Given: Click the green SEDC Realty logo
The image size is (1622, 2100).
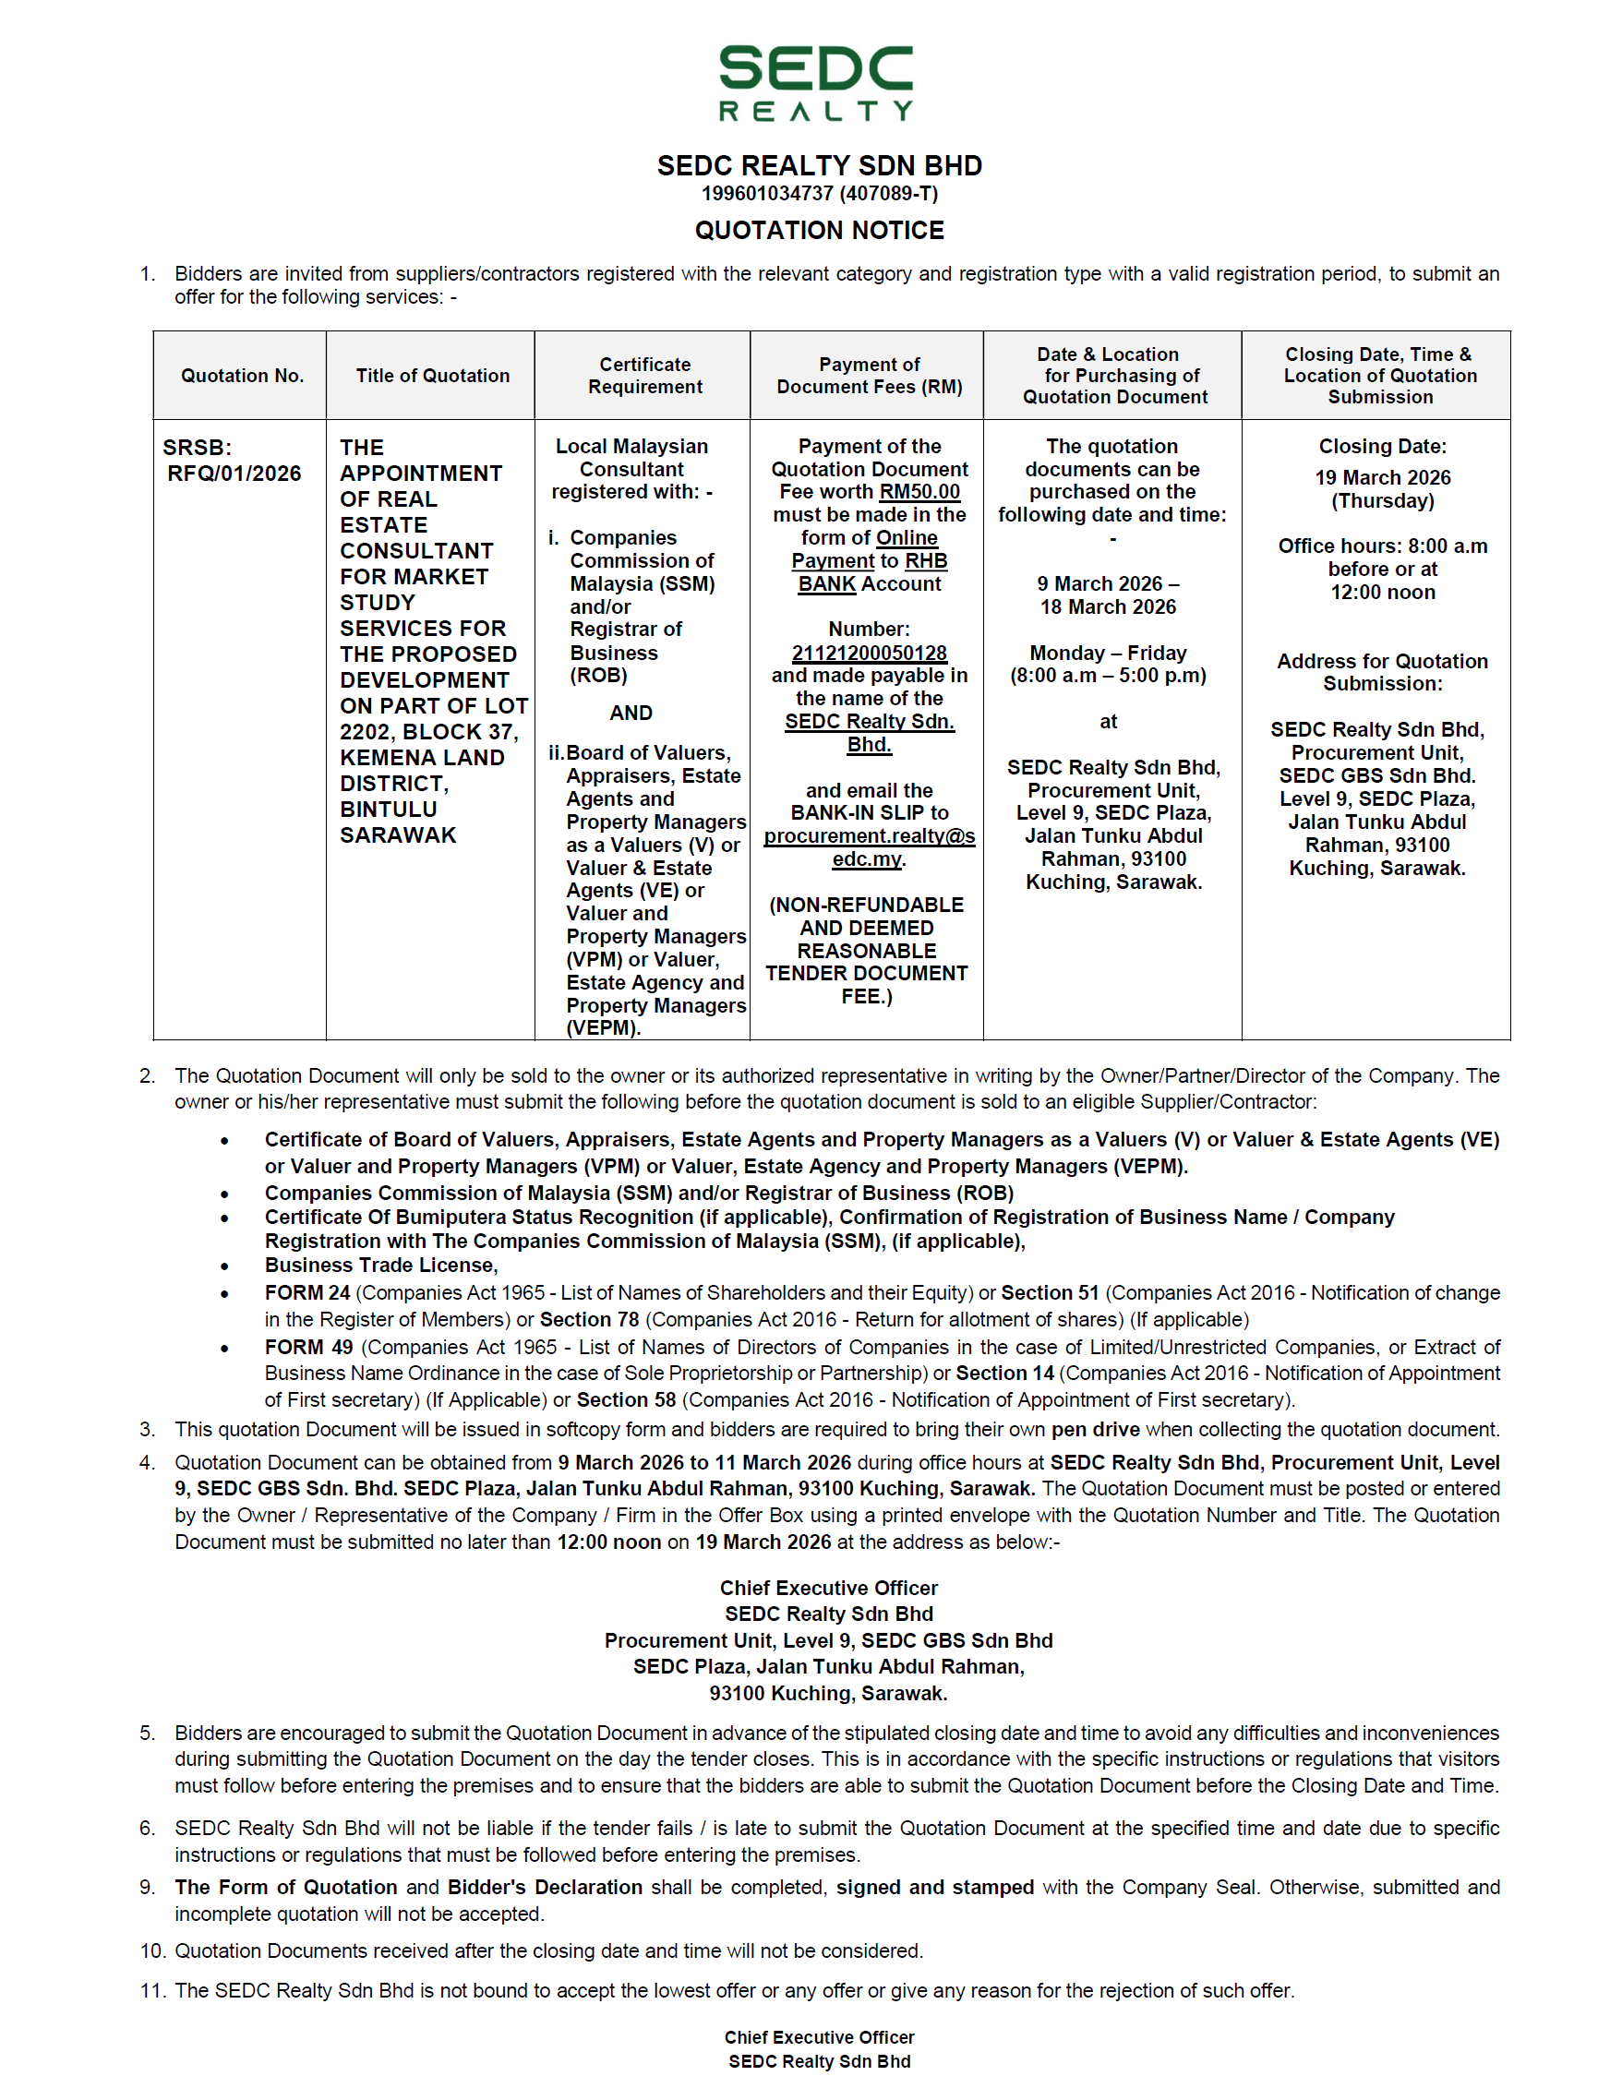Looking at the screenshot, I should (x=815, y=83).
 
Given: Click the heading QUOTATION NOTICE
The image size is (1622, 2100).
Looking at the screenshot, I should (x=819, y=231).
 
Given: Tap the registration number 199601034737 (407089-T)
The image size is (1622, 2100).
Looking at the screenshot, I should (x=819, y=193).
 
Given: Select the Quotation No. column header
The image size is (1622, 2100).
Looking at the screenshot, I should (x=242, y=376).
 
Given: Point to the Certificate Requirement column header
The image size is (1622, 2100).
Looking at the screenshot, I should (x=645, y=376).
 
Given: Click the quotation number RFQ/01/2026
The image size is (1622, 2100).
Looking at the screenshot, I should (x=234, y=474).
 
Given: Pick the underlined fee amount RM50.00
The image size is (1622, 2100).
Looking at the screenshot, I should (x=919, y=492).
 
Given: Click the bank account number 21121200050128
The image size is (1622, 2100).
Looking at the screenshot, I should (x=870, y=653).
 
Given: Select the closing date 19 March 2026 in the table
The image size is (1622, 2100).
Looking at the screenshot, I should (x=1383, y=478).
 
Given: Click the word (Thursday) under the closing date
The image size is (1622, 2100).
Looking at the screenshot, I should (x=1383, y=501).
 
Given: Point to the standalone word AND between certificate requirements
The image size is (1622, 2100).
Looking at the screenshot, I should (x=631, y=714).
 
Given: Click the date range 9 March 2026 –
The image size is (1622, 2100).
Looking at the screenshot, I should (x=1108, y=583).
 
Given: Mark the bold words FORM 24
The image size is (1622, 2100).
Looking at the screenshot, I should (x=306, y=1293).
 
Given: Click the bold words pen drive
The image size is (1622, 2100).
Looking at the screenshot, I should (x=1095, y=1430).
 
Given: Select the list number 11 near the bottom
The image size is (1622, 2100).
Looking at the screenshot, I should (x=152, y=1990).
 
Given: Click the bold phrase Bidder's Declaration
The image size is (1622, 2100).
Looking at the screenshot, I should (x=546, y=1888).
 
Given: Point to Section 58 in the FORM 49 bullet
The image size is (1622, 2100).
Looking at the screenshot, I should (x=626, y=1400).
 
